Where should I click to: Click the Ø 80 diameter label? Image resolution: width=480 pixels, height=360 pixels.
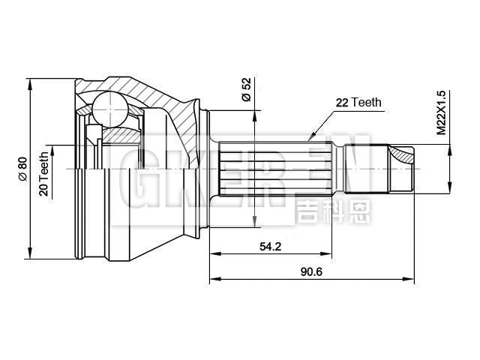(x=21, y=167)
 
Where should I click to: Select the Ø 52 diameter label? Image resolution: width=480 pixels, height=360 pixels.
(x=245, y=89)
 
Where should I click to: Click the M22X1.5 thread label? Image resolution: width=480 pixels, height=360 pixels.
(x=442, y=112)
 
